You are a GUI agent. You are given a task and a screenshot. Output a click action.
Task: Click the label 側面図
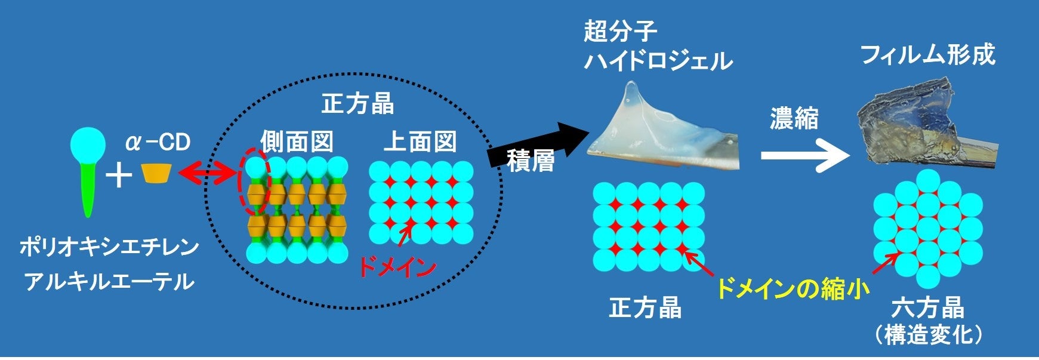tap(296, 142)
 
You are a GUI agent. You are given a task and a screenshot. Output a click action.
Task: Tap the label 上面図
tap(420, 142)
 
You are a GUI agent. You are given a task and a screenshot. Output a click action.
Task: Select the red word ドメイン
tap(397, 267)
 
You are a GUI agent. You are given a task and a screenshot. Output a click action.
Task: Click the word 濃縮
tap(794, 119)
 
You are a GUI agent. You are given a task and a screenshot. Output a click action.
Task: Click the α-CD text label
tap(158, 143)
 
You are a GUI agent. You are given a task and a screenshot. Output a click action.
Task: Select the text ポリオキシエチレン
tap(109, 247)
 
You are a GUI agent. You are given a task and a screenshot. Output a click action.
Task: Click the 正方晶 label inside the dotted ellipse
tap(357, 104)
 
